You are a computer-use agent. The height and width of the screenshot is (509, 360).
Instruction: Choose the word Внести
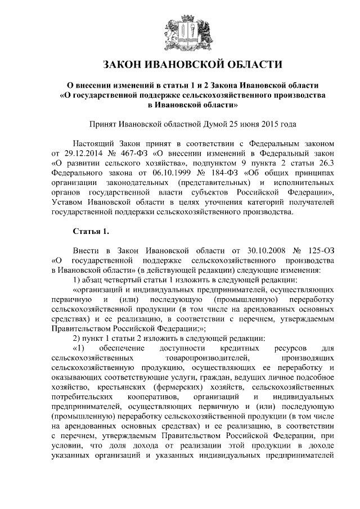click(x=86, y=250)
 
